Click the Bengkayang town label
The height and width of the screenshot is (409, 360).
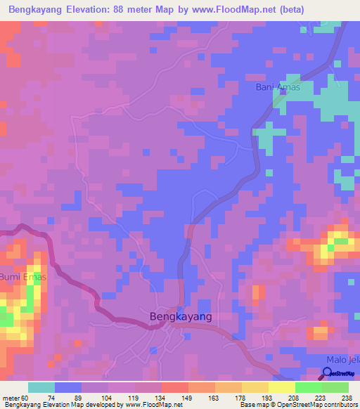click(181, 317)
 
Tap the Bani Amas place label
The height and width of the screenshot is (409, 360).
click(278, 88)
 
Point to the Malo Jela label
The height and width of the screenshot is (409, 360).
click(344, 360)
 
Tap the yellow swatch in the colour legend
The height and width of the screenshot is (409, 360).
click(281, 387)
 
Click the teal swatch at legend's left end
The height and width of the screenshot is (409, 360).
click(41, 387)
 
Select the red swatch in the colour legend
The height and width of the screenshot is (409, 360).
click(175, 387)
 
